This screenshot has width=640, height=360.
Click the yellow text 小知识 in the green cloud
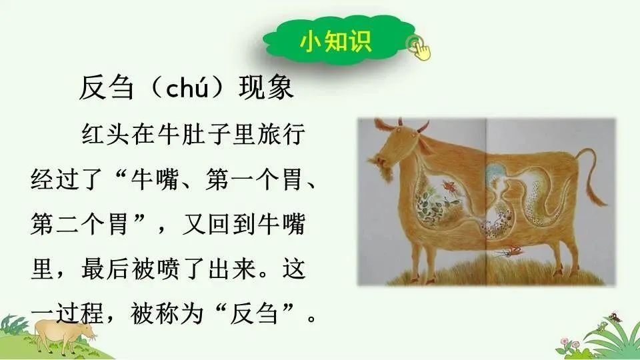[335, 41]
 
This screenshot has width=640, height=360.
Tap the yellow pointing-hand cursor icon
[419, 49]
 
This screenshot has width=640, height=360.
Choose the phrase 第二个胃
[81, 224]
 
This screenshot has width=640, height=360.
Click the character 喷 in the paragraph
[168, 269]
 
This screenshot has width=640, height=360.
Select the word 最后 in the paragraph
[105, 269]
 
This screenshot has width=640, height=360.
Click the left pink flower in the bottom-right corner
[565, 341]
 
